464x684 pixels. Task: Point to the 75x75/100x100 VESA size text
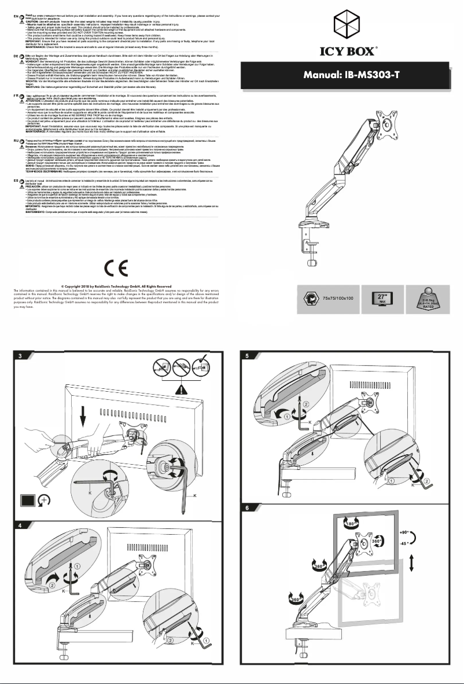click(338, 297)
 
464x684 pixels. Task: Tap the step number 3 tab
click(19, 355)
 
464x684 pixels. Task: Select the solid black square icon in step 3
click(26, 499)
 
